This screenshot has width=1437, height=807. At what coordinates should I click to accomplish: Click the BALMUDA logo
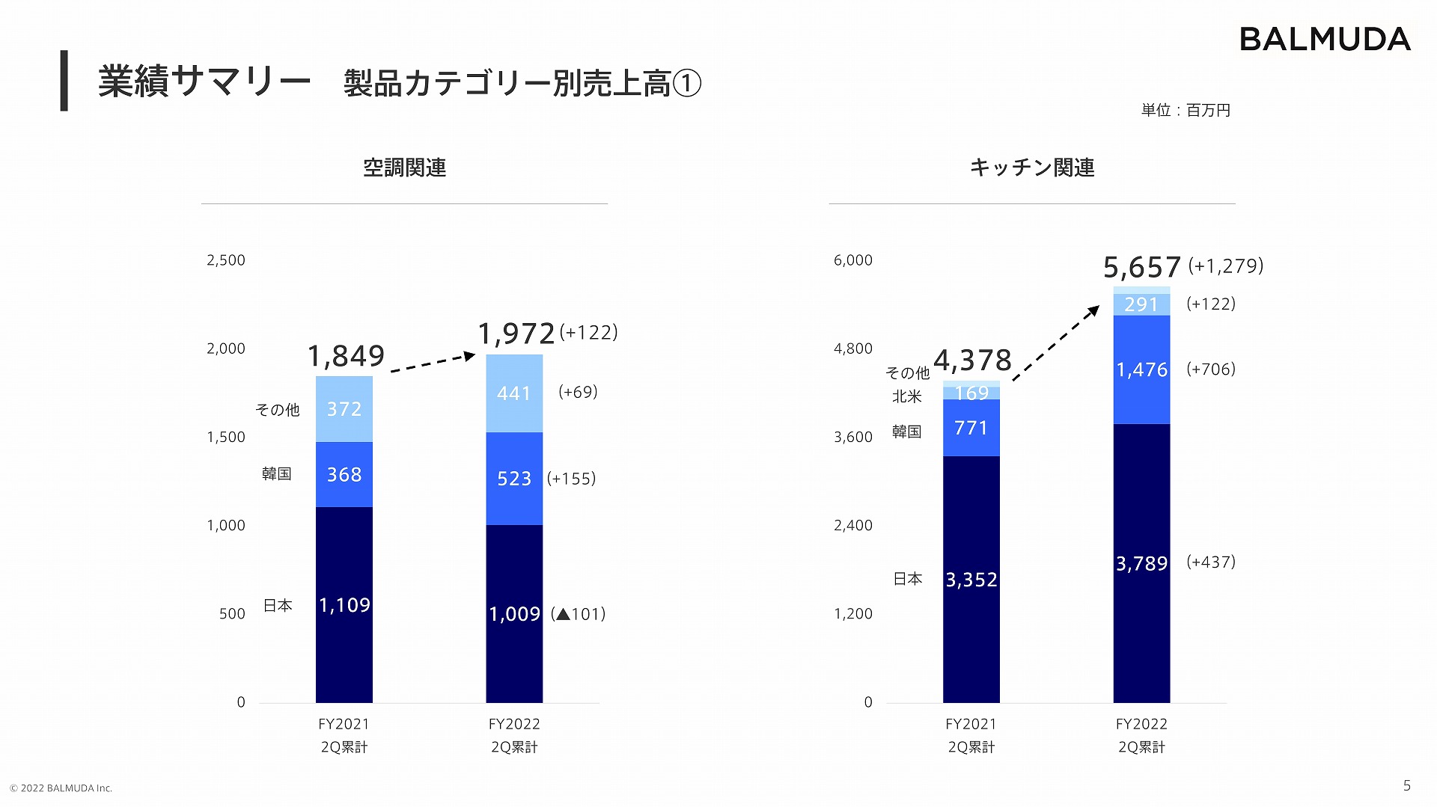1324,40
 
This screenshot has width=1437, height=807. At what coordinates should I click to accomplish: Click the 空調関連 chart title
404,168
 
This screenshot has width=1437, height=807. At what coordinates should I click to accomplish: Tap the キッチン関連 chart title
1031,168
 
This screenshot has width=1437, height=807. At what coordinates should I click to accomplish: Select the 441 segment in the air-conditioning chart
514,393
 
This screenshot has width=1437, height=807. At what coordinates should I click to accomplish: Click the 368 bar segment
344,475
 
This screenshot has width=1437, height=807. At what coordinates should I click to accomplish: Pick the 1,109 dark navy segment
344,604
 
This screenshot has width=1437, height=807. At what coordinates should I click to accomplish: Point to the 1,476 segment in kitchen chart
1141,369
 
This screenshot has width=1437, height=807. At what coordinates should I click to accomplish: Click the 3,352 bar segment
971,580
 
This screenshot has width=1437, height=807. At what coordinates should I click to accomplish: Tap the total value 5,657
1141,268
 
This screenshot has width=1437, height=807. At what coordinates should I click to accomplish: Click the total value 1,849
346,356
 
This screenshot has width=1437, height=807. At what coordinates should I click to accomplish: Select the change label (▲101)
578,614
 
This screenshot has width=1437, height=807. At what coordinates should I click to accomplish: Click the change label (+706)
1210,369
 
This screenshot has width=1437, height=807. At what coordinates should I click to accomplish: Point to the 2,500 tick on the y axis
226,260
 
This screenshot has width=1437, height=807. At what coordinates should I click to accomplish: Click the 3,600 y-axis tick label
853,437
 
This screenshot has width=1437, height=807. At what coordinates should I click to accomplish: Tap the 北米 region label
906,396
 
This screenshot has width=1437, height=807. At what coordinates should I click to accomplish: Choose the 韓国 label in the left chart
276,474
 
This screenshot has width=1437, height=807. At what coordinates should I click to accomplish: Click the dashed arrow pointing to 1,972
433,363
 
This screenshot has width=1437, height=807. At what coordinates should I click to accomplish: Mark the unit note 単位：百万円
1186,111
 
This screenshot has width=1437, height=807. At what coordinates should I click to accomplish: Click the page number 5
1406,785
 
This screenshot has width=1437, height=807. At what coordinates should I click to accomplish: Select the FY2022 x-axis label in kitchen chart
1141,724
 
